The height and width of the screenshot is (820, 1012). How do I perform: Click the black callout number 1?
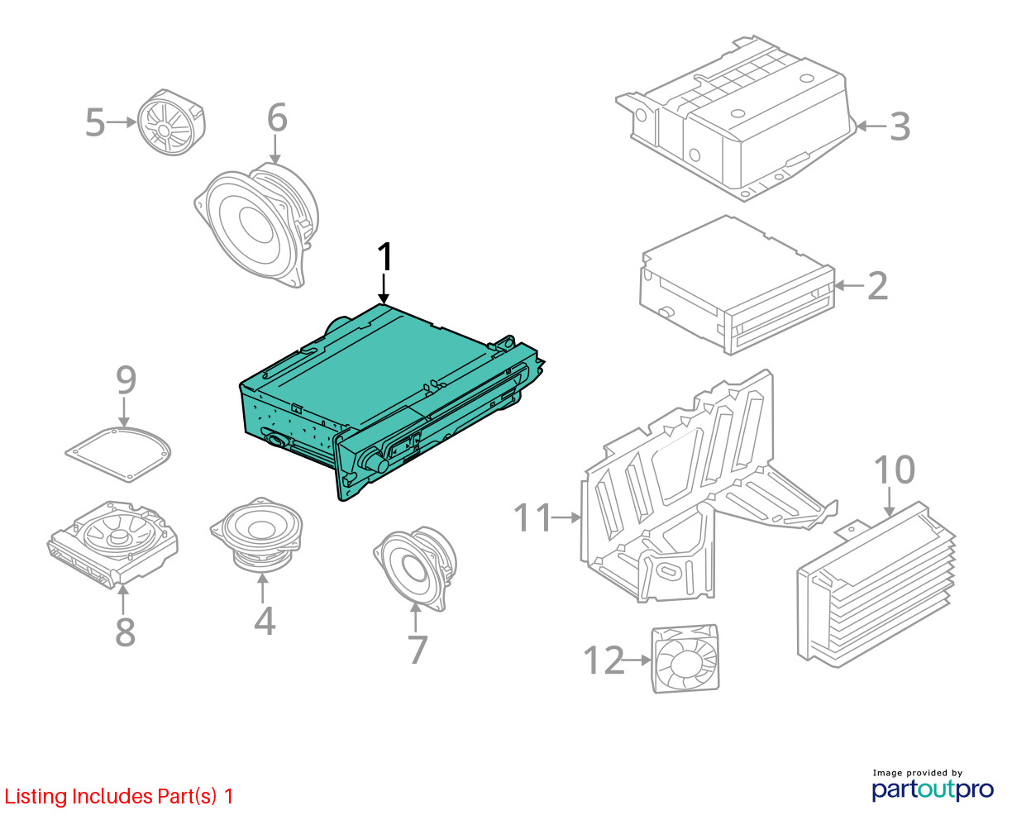(384, 257)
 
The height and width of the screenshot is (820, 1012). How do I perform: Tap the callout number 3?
(900, 126)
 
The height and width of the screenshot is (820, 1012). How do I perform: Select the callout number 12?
(604, 660)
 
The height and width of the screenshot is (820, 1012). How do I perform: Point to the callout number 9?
(126, 380)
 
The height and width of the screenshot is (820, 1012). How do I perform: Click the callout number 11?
(532, 517)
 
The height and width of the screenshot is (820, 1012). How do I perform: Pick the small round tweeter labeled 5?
(171, 122)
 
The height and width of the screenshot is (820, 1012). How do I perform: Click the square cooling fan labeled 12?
(685, 659)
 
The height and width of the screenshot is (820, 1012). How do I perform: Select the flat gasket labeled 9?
(118, 454)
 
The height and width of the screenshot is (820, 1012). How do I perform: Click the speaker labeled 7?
(416, 568)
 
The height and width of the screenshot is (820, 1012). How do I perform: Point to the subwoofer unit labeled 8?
(112, 545)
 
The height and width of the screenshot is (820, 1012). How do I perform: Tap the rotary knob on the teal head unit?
(375, 460)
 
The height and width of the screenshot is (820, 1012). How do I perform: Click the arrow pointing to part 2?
(849, 285)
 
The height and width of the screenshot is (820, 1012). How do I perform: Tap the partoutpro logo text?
(932, 789)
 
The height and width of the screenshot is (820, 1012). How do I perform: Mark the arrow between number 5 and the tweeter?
(122, 122)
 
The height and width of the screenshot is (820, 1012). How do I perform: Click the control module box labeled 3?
(736, 118)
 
